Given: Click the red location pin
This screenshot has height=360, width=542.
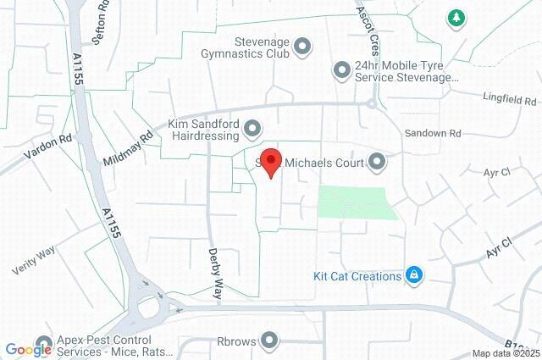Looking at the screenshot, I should click(270, 162).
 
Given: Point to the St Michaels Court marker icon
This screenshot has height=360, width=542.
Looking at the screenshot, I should click(377, 162).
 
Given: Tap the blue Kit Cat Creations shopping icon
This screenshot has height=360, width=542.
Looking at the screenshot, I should click(414, 275).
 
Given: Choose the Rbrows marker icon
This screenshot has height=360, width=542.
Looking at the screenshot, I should click(270, 341).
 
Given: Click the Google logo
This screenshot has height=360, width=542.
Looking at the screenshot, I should click(29, 349).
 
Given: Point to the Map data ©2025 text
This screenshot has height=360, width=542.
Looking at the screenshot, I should click(505, 353).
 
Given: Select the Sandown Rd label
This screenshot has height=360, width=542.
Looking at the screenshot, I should click(432, 134).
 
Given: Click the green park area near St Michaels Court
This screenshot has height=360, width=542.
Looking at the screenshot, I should click(356, 203).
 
